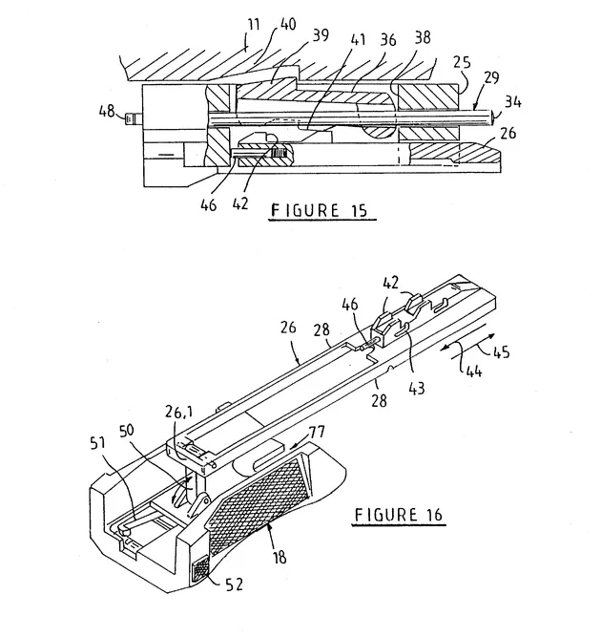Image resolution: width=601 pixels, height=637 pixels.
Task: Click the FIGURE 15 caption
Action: pyautogui.click(x=319, y=210)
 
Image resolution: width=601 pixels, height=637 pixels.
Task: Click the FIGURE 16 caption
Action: pyautogui.click(x=398, y=515)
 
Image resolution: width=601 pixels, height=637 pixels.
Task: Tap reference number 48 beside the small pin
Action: pyautogui.click(x=107, y=111)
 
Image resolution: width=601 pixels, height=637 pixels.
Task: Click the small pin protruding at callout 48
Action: pyautogui.click(x=134, y=118)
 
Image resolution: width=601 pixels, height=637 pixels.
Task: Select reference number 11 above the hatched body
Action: pyautogui.click(x=253, y=25)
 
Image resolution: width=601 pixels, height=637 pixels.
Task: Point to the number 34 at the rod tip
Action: pyautogui.click(x=513, y=101)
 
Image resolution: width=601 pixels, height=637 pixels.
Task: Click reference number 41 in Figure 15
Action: pyautogui.click(x=357, y=40)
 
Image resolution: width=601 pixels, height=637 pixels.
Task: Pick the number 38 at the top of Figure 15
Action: pyautogui.click(x=422, y=37)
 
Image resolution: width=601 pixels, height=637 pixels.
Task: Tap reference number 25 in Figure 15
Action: pyautogui.click(x=462, y=62)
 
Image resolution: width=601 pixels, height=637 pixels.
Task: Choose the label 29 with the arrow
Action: pyautogui.click(x=490, y=76)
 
